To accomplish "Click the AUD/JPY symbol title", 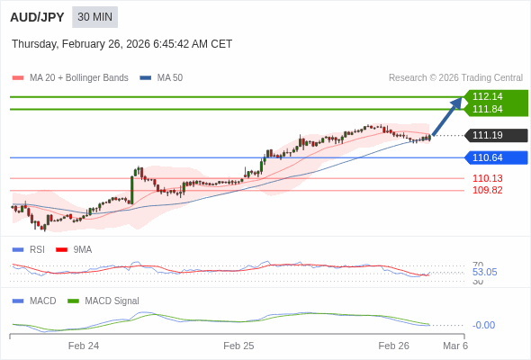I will click(37, 17).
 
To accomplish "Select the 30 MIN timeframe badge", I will click(94, 17).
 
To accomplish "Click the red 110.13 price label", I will click(487, 178).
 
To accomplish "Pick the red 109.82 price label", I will click(487, 190).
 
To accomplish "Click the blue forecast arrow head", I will click(457, 103).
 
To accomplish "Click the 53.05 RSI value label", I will click(484, 272).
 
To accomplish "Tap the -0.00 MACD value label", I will click(483, 325).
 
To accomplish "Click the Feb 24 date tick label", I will click(84, 346).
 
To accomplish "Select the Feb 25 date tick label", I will click(238, 346).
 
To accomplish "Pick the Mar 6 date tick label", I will click(455, 346).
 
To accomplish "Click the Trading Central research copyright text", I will click(455, 78).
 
